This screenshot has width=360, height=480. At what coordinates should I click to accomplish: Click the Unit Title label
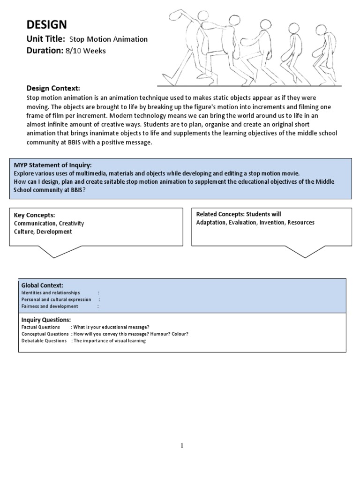[45, 39]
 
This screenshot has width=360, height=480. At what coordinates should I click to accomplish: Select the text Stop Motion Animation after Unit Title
[108, 40]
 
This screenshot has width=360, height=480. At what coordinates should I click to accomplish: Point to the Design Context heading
[53, 89]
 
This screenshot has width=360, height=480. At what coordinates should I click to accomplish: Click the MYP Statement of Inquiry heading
[52, 165]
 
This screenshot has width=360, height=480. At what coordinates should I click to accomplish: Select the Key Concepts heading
[34, 215]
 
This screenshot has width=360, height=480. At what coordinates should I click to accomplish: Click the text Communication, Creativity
[49, 224]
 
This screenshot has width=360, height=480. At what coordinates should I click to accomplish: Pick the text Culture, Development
[43, 232]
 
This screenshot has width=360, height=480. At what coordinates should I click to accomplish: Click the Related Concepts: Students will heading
[239, 214]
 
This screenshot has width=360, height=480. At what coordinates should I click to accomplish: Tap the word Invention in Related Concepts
[271, 223]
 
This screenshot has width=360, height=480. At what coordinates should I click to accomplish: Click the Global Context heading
[42, 285]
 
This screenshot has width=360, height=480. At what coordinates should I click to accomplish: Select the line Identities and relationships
[51, 292]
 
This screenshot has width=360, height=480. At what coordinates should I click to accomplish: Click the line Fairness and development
[50, 306]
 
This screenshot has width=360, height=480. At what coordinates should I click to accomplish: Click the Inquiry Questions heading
[46, 320]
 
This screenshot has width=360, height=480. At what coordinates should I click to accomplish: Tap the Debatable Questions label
[44, 341]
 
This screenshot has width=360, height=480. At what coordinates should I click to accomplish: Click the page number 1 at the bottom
[182, 446]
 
